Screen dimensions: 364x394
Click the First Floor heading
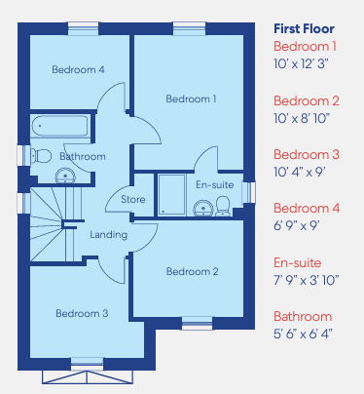point(304,28)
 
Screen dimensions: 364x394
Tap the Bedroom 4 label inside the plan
point(78,69)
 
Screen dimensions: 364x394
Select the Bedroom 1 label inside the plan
point(191,98)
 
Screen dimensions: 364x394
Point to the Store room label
point(133,199)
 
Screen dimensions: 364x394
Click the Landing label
point(108,235)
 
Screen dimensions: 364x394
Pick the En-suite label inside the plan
point(215,184)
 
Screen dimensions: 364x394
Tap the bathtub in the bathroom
point(59,126)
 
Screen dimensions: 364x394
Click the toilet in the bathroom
point(41,156)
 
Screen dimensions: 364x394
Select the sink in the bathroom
point(65,177)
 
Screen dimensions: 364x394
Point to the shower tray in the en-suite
point(171,194)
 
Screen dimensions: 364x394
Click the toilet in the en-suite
point(223,206)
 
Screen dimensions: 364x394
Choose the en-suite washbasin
point(203,208)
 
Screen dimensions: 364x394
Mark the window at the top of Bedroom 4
point(83,29)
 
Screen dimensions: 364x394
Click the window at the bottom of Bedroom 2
point(197,323)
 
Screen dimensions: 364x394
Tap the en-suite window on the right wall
point(249,193)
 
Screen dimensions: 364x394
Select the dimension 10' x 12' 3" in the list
point(301,63)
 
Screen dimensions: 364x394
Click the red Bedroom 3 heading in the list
point(307,154)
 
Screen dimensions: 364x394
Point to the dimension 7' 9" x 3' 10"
point(307,280)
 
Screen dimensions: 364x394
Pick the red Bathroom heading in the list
point(303,316)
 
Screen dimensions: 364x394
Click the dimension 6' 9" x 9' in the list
point(297,225)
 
